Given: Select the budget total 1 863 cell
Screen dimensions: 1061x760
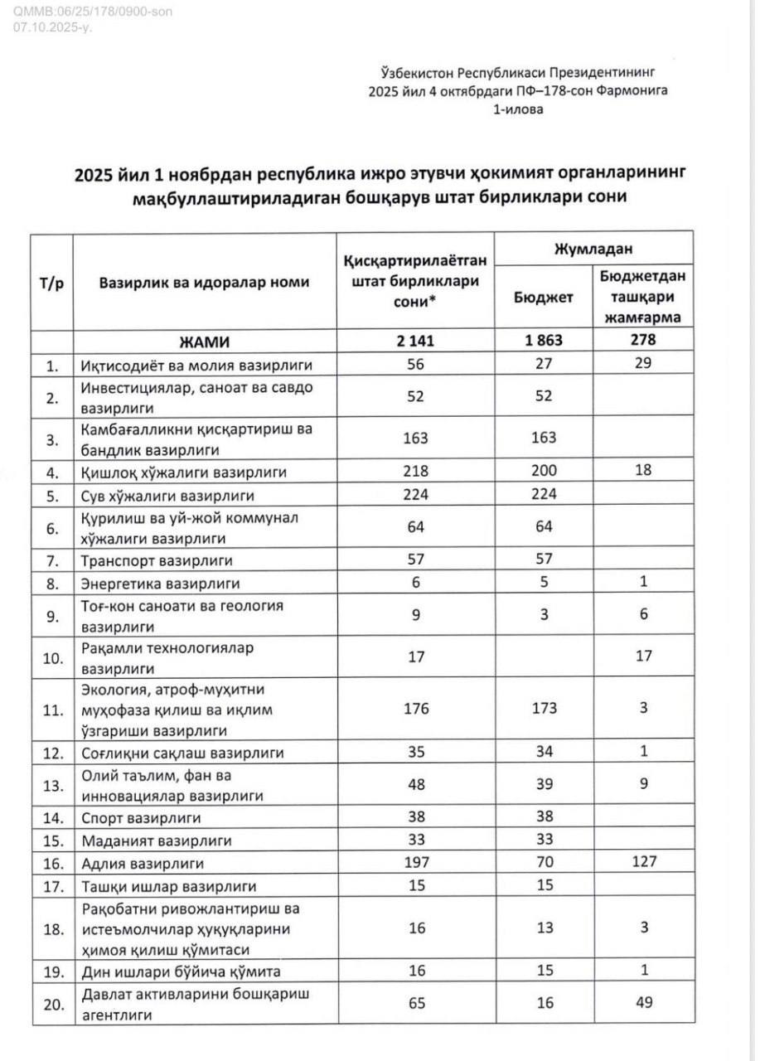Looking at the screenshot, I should (x=545, y=341).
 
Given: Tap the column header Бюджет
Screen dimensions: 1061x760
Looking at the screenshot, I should (x=545, y=298).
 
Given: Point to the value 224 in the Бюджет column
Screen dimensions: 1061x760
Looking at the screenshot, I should (x=545, y=496).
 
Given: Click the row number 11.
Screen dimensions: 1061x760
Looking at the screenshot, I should (x=53, y=710).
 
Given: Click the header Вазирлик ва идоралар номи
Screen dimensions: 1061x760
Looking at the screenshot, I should (x=204, y=282).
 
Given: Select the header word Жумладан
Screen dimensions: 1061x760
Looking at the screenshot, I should (x=593, y=247).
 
